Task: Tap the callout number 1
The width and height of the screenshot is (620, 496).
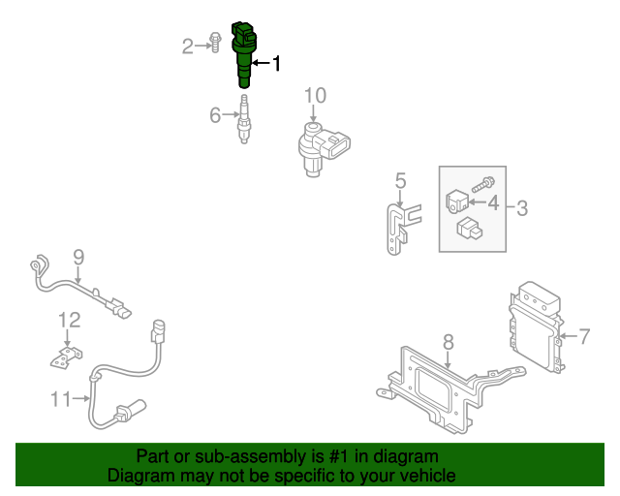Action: tap(276, 64)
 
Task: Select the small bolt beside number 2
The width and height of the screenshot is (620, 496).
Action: tap(215, 44)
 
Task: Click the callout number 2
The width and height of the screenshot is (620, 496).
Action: tap(189, 45)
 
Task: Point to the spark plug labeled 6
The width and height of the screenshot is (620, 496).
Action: tap(245, 120)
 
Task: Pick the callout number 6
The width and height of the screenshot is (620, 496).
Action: tap(216, 116)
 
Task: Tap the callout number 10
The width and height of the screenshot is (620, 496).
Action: tap(316, 95)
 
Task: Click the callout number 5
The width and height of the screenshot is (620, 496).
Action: tap(399, 179)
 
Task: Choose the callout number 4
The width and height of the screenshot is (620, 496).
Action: tap(493, 203)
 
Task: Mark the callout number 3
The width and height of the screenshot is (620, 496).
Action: tap(521, 206)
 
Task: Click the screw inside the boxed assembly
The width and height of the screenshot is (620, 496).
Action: tap(484, 181)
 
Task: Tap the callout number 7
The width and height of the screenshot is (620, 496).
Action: tap(584, 336)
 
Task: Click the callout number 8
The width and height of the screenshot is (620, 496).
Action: tap(448, 341)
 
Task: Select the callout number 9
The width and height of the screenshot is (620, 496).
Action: tap(78, 257)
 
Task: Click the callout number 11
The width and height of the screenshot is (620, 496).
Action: tap(61, 398)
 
